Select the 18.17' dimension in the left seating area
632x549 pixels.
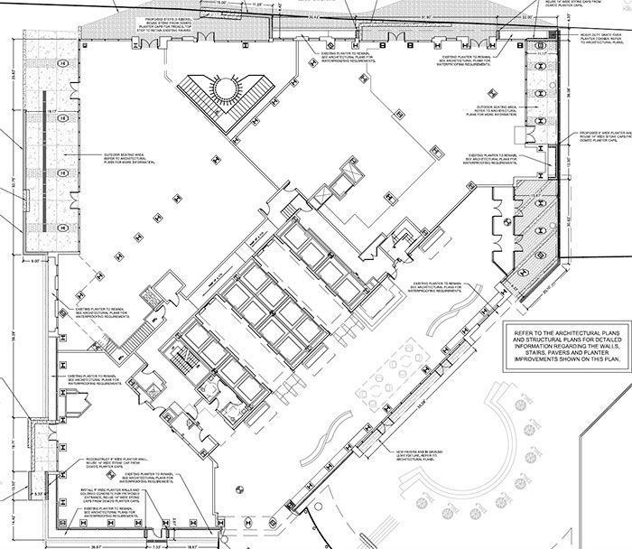coord(53,112)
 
